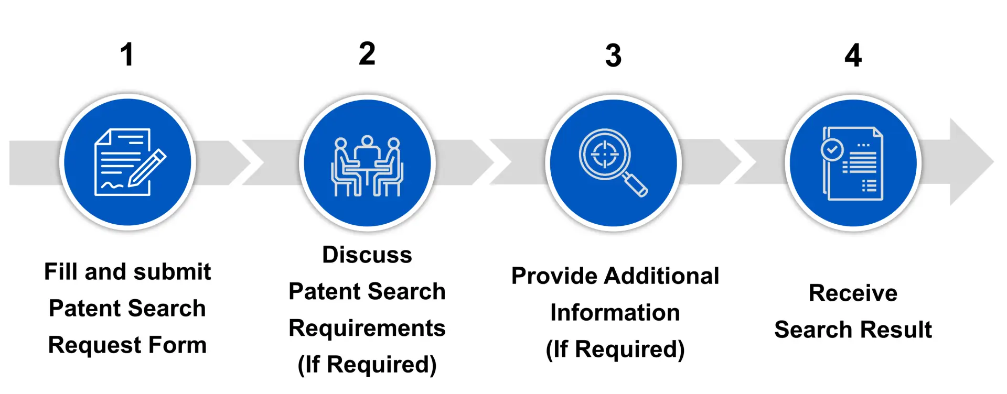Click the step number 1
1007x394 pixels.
(x=127, y=54)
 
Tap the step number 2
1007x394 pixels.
(x=367, y=53)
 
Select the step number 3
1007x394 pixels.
(x=613, y=56)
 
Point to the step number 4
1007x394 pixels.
(x=853, y=56)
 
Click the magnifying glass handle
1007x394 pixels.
(x=635, y=185)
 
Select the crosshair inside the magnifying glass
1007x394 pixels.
(x=605, y=155)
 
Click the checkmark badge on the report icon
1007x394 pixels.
(x=832, y=150)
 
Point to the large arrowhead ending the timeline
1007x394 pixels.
(x=970, y=161)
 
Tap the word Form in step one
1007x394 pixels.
(x=177, y=345)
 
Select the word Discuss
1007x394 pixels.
(x=367, y=255)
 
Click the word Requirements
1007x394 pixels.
(x=367, y=329)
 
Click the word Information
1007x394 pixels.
(x=615, y=313)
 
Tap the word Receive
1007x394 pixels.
(x=853, y=293)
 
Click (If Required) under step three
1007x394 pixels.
(x=615, y=349)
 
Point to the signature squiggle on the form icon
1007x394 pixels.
(x=112, y=185)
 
